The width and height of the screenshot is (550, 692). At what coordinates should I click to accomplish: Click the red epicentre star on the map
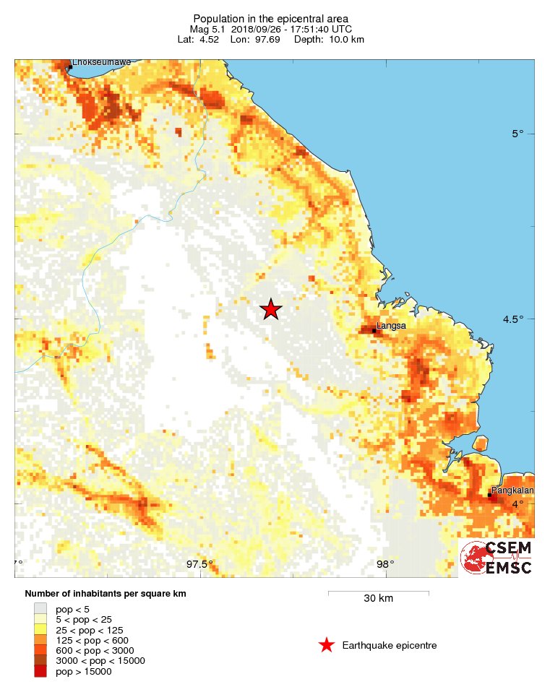[270, 309]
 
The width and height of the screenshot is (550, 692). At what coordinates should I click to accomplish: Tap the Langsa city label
[391, 326]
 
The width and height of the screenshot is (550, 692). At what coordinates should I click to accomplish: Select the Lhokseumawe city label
[101, 62]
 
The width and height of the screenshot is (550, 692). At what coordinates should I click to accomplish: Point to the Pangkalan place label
[512, 490]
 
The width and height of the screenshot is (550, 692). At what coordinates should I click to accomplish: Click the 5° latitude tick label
[517, 134]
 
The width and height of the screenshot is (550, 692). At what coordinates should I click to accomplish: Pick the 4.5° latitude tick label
[513, 319]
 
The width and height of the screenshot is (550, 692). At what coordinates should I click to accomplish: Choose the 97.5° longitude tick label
[199, 564]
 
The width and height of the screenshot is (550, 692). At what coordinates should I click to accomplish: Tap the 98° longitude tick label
[384, 564]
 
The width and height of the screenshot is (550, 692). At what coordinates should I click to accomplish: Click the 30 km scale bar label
[378, 598]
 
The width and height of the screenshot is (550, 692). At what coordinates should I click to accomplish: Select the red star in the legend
[327, 645]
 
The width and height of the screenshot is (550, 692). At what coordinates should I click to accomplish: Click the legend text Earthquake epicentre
[390, 645]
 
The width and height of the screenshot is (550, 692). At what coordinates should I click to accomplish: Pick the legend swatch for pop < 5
[40, 609]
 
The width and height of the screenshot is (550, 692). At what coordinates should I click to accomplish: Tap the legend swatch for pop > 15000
[40, 671]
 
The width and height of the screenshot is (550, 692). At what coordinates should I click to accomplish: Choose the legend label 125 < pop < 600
[93, 640]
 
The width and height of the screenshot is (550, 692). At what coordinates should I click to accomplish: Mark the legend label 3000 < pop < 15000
[100, 660]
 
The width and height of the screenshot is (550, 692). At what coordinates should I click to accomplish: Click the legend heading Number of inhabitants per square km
[111, 594]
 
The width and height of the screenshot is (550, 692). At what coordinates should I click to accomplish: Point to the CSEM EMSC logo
[497, 558]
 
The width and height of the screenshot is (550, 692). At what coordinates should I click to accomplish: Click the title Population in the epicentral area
[271, 18]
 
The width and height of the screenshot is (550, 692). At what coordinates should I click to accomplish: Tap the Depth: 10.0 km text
[329, 39]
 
